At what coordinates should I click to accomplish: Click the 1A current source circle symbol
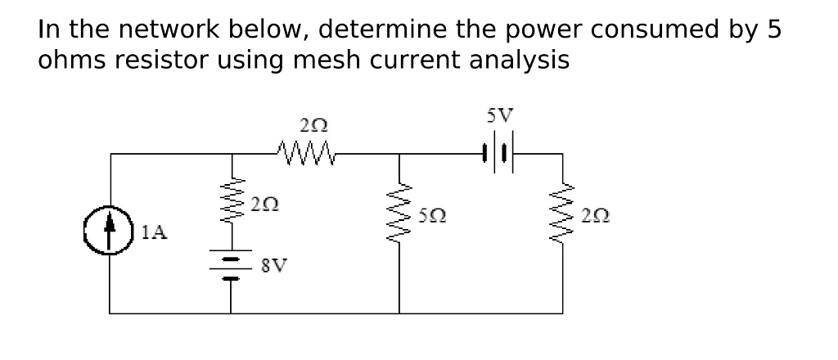pyautogui.click(x=110, y=232)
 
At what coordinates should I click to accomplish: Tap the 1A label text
pyautogui.click(x=153, y=232)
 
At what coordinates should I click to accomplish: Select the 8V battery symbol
pyautogui.click(x=231, y=266)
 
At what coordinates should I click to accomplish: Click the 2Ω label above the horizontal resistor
pyautogui.click(x=314, y=126)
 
